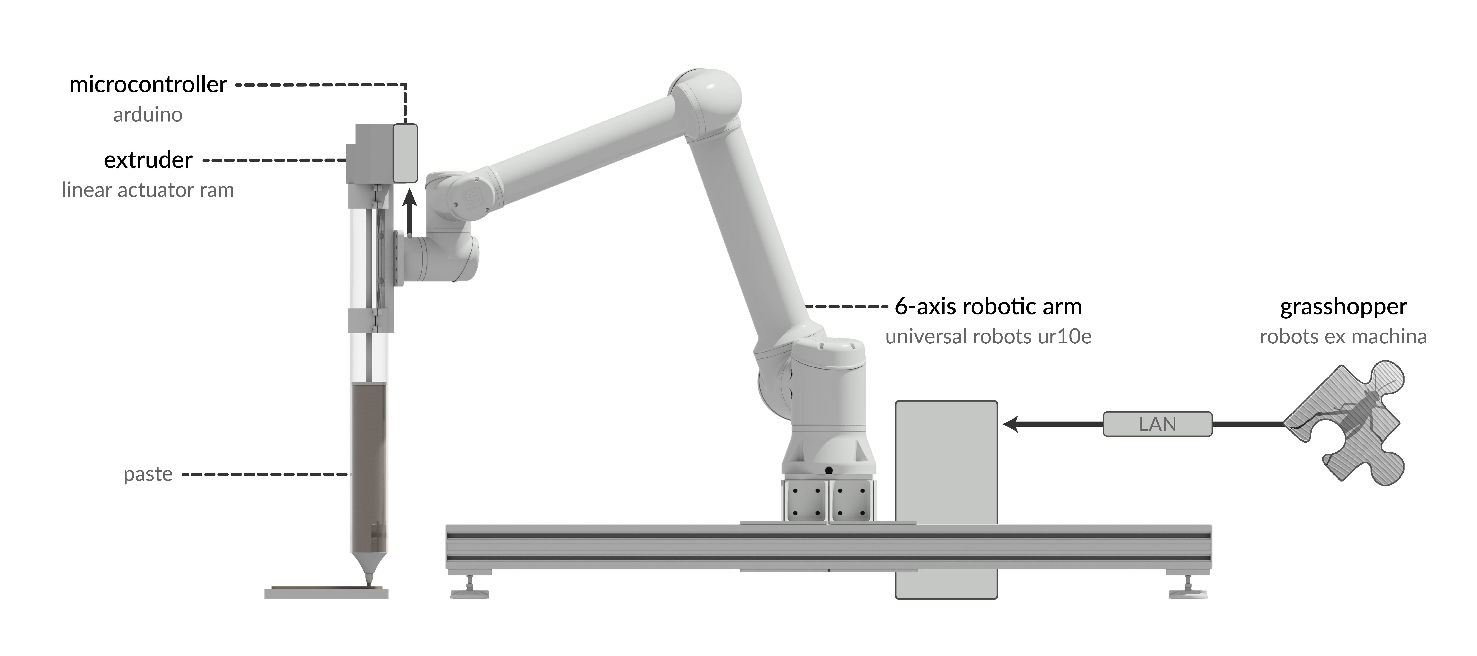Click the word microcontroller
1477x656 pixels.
148,85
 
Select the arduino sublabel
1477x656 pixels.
148,115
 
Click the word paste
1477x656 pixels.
148,474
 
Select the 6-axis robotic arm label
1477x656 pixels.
988,306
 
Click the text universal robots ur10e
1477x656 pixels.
988,336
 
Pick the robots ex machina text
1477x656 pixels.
1343,336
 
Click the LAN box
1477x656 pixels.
1158,424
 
